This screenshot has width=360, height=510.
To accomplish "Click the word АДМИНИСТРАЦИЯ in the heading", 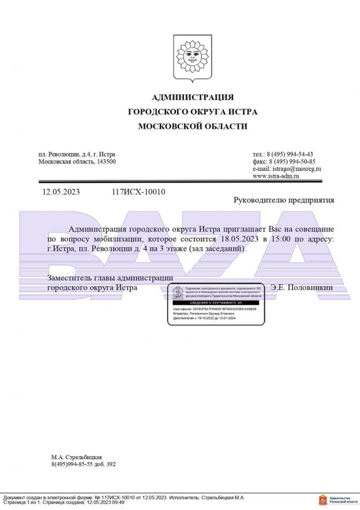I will click(192, 97).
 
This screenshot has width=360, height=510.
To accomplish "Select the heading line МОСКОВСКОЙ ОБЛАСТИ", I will click(192, 127).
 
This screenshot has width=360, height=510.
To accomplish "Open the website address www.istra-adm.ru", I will click(276, 176).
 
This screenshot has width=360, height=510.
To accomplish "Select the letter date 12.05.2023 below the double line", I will click(61, 192).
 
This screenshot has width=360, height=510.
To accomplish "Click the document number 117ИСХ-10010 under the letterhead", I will click(138, 192).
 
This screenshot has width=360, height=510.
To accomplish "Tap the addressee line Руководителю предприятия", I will click(283, 200).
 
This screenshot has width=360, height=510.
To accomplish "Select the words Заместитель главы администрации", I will click(110, 278).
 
